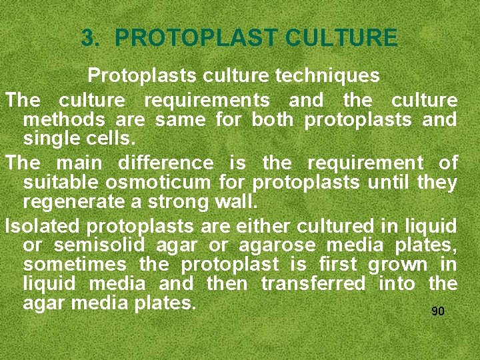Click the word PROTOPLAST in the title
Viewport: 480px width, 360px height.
[197, 37]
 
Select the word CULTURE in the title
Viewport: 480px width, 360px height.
[341, 37]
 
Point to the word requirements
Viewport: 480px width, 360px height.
[207, 101]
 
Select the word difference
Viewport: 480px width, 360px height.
[166, 163]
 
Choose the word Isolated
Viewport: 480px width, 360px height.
[42, 225]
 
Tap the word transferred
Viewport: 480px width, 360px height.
[313, 283]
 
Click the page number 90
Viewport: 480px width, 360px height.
[438, 311]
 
